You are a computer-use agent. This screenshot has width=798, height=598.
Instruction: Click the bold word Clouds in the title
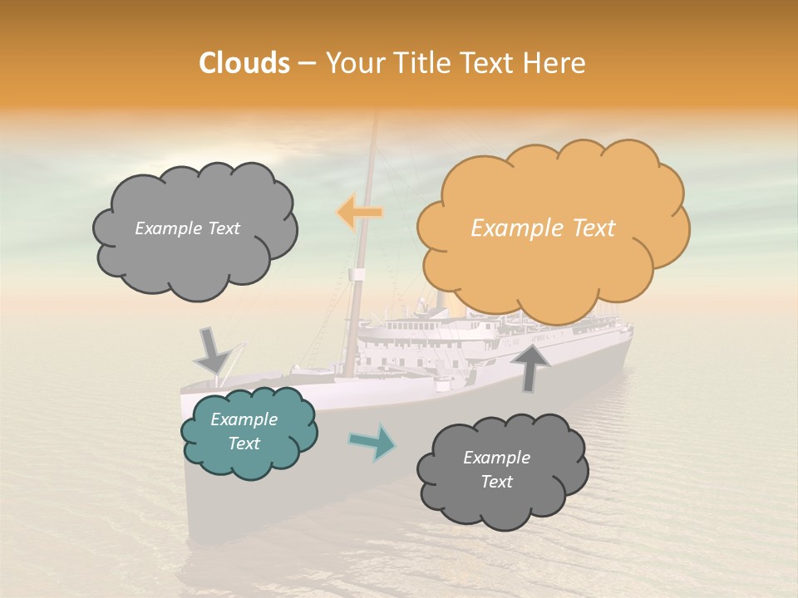click(x=244, y=63)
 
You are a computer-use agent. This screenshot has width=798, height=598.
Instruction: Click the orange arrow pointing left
click(x=358, y=213)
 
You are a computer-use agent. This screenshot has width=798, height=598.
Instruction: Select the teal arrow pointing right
click(x=373, y=442)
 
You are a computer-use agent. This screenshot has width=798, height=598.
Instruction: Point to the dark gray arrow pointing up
click(x=530, y=366)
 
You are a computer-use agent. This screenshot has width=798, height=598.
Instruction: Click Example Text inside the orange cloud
click(x=543, y=228)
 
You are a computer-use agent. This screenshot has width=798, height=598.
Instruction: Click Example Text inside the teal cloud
click(x=244, y=431)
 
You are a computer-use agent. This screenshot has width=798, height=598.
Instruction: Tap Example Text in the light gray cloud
click(x=187, y=228)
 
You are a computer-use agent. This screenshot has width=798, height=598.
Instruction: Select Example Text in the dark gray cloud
click(x=496, y=469)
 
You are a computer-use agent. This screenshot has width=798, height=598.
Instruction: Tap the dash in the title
click(x=306, y=63)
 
